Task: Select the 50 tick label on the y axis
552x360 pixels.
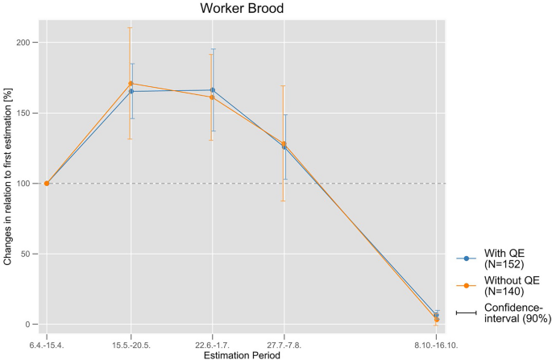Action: click(31, 254)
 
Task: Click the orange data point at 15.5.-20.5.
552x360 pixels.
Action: click(131, 84)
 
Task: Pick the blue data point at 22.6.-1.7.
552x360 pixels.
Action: click(212, 90)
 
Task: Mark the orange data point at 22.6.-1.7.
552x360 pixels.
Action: click(212, 97)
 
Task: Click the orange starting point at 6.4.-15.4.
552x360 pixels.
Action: click(47, 184)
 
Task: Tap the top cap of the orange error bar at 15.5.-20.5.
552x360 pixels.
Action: click(131, 27)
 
